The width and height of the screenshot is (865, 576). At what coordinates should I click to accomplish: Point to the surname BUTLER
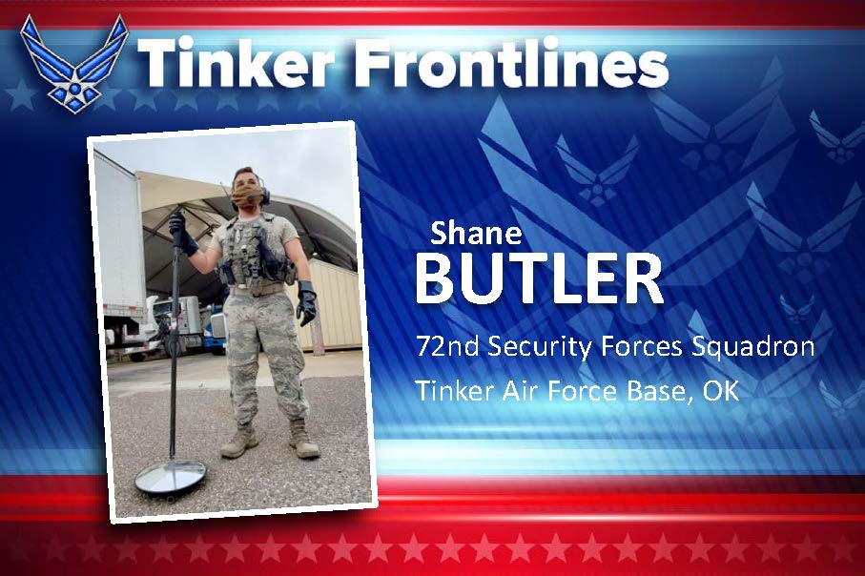539,279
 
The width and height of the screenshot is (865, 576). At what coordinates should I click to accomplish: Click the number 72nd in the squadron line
448,346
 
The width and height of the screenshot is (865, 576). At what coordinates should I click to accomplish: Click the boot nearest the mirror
237,441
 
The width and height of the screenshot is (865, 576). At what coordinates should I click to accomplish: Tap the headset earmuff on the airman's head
263,192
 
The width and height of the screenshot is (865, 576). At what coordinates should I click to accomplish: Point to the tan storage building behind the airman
334,305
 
